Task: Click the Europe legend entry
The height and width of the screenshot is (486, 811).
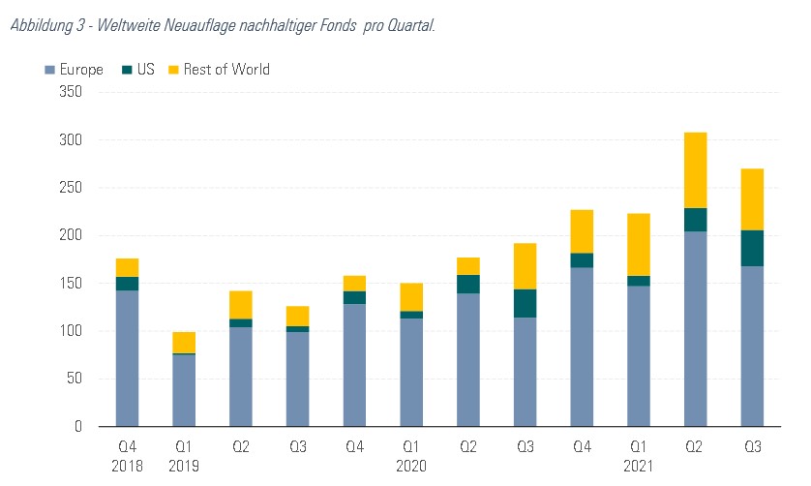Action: click(x=74, y=70)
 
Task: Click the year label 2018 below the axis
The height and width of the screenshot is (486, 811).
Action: click(x=127, y=465)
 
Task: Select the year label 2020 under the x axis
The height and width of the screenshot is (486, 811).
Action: click(x=411, y=465)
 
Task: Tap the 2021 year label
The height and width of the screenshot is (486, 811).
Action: click(x=639, y=465)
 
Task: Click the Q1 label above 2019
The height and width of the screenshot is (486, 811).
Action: click(x=184, y=446)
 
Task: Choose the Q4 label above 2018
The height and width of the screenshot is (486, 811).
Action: click(x=127, y=446)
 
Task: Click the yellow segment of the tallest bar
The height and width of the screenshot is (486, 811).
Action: click(x=696, y=169)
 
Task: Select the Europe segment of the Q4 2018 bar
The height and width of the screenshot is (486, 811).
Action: click(x=127, y=358)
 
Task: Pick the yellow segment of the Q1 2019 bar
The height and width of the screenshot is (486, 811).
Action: click(x=184, y=343)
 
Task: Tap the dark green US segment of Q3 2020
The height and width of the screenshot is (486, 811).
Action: click(x=525, y=303)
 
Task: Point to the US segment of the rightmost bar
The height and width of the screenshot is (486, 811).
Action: click(x=752, y=248)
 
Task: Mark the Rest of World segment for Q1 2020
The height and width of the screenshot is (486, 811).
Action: click(x=411, y=296)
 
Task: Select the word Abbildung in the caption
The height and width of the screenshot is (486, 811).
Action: click(x=41, y=25)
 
